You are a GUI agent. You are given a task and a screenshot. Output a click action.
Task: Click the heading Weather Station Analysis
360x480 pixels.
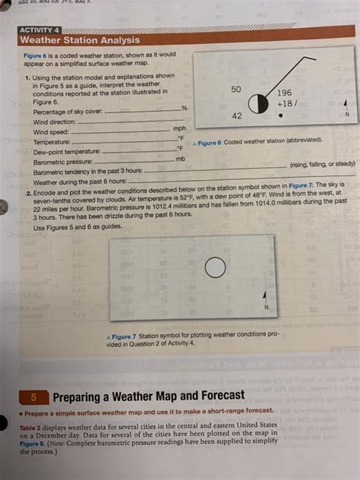[79, 39]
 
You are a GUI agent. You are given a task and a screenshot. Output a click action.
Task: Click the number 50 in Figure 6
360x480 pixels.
[236, 89]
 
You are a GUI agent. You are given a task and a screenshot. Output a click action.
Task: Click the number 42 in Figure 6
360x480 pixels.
[236, 116]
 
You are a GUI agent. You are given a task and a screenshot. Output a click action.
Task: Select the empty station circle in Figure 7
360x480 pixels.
[216, 267]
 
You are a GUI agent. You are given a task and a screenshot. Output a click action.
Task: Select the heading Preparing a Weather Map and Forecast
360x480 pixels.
[149, 396]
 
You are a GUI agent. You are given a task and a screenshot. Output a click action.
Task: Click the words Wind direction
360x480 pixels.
[55, 122]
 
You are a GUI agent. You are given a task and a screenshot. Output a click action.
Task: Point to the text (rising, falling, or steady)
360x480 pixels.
[322, 164]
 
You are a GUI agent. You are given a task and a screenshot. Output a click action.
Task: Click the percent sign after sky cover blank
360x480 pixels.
[184, 109]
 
